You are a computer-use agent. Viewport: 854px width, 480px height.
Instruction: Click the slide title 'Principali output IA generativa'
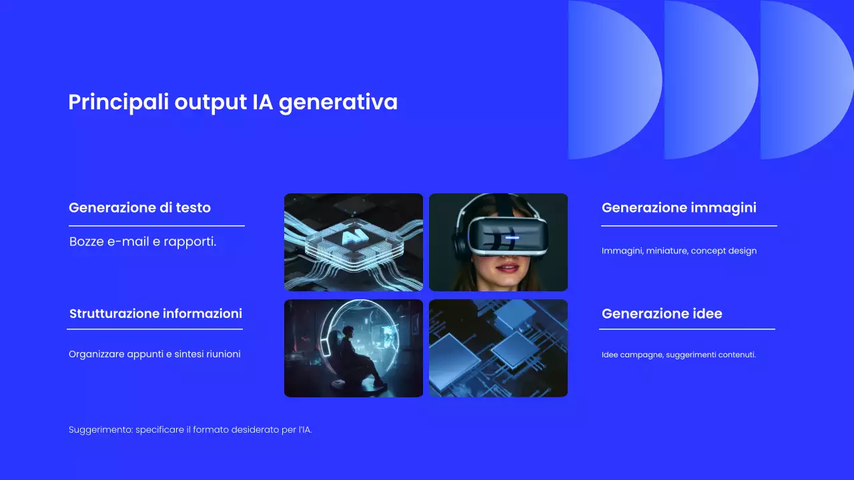[233, 103]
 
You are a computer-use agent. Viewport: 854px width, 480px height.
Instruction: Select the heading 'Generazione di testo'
[139, 207]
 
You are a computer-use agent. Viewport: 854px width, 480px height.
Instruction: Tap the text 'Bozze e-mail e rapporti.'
[143, 241]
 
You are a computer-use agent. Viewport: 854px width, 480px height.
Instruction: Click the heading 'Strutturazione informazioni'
[155, 313]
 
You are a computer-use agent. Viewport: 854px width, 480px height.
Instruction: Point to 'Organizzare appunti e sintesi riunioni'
[154, 354]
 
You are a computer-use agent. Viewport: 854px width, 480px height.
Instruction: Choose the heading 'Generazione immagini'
[679, 207]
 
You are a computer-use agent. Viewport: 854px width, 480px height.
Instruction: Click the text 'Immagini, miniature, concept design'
[679, 251]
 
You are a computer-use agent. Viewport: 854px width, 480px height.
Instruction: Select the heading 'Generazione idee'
[661, 313]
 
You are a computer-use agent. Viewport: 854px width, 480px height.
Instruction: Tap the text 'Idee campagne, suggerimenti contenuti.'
[679, 355]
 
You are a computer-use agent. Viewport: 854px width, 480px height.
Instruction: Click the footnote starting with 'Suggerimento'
[190, 430]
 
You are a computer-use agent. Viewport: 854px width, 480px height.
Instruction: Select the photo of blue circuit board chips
[498, 348]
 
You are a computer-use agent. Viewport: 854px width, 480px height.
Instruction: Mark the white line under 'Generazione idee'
[687, 329]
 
